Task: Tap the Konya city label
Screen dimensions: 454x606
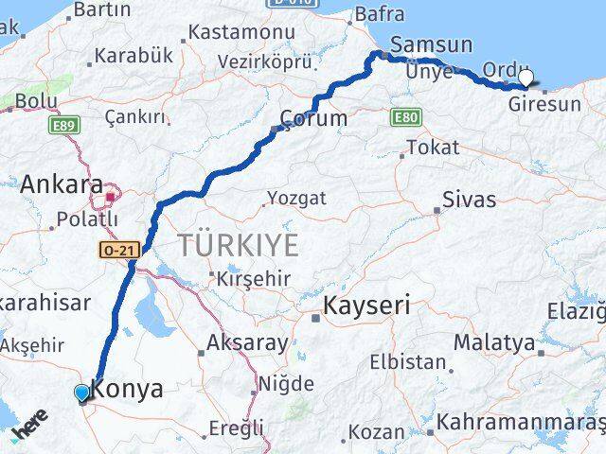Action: [127, 389]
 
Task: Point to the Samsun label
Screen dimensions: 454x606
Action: [431, 44]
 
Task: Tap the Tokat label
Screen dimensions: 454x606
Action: [433, 148]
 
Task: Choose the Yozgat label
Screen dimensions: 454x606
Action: [297, 199]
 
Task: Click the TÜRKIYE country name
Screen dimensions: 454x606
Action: [238, 246]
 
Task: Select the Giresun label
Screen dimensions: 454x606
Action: [544, 104]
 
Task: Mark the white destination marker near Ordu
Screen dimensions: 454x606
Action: [526, 79]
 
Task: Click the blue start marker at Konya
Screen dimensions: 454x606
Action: [82, 393]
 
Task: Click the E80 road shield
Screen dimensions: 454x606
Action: [403, 116]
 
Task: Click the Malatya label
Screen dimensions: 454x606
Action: [493, 342]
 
